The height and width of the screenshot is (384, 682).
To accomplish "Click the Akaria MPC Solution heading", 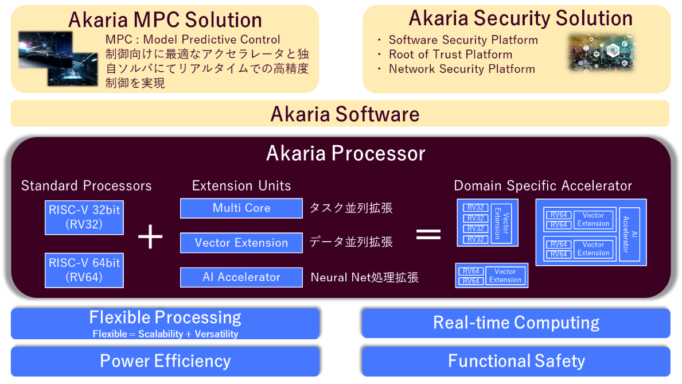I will (x=165, y=20).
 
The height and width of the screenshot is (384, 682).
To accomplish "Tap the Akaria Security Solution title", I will (x=520, y=18).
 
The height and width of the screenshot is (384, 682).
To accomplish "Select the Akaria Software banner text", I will (x=345, y=114).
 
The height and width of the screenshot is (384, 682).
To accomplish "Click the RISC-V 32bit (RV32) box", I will (x=84, y=217).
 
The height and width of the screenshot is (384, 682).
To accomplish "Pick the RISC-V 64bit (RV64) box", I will (x=84, y=270).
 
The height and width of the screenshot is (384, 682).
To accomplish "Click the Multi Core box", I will (x=241, y=208).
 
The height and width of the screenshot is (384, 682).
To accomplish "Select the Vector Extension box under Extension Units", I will (x=241, y=243).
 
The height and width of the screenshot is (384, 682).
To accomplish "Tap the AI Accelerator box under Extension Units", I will (x=241, y=277).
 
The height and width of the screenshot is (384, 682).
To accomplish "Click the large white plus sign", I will (x=150, y=237).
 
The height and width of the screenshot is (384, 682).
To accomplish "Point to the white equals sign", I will (x=428, y=234).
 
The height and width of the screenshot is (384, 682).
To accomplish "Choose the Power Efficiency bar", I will (x=165, y=361).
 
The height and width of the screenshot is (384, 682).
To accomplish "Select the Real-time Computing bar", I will (x=516, y=323).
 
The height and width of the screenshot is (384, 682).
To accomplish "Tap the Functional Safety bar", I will (x=516, y=361).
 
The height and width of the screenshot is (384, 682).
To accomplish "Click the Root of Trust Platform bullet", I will (x=450, y=55).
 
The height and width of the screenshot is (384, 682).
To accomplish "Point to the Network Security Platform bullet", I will (x=462, y=69).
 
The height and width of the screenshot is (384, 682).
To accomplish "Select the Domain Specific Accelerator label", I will (x=543, y=186).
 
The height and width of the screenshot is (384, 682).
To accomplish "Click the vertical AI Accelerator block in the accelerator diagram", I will (x=629, y=235).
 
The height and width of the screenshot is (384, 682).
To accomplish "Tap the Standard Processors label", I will (x=87, y=186).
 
